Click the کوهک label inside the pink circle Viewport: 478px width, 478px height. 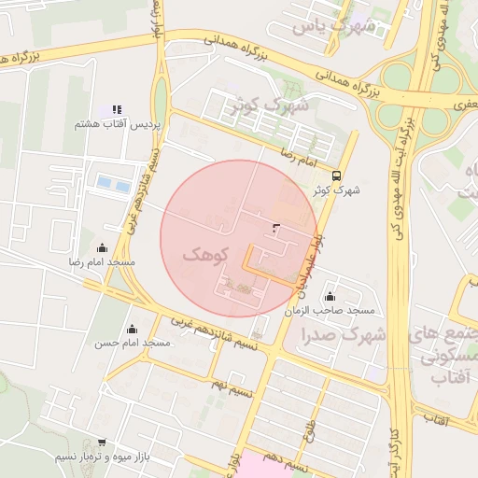[208, 253]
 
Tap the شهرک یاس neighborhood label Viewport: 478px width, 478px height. [334, 26]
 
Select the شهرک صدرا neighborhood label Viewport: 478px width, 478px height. [344, 333]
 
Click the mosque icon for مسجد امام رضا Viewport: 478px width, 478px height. [102, 247]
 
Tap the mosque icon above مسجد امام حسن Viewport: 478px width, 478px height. [132, 329]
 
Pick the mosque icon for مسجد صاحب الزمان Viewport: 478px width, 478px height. [330, 296]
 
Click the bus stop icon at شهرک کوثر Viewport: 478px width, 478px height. [336, 175]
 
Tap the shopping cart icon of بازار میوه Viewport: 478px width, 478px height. [102, 443]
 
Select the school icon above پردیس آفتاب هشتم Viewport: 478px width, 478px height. [117, 109]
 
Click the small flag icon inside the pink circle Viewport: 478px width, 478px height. [275, 227]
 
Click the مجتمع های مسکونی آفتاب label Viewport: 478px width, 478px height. [446, 356]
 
